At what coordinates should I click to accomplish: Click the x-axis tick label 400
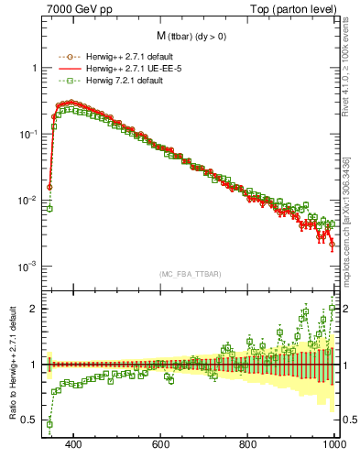pyautogui.click(x=74, y=444)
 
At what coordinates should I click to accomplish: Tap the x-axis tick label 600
pyautogui.click(x=161, y=444)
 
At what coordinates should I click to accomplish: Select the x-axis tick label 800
pyautogui.click(x=248, y=444)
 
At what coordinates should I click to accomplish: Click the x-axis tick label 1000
pyautogui.click(x=333, y=444)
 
